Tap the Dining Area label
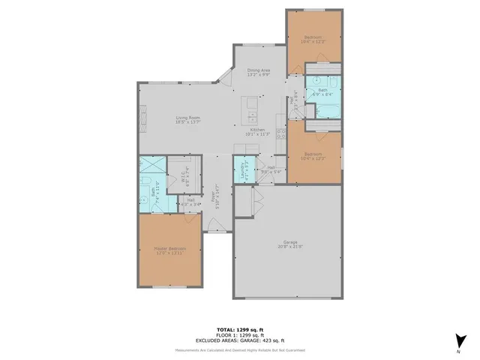click(259, 73)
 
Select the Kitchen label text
click(259, 131)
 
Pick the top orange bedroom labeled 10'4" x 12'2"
click(313, 39)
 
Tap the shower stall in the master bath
click(151, 166)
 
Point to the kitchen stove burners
click(282, 134)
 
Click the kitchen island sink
click(253, 118)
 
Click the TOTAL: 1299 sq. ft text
click(240, 329)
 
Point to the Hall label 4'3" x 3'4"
click(190, 202)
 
